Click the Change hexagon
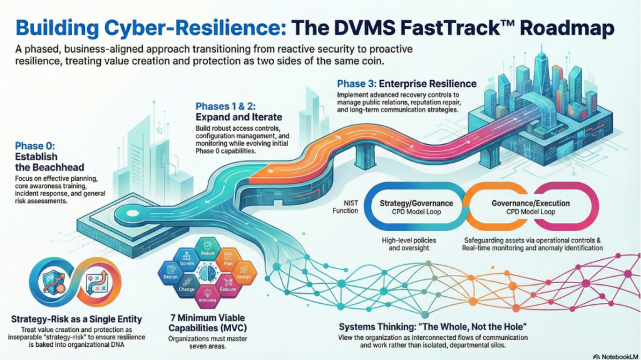pos(187,287)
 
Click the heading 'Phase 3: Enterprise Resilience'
pos(406,83)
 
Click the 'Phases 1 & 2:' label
pos(225,106)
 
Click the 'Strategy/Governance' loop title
pos(416,203)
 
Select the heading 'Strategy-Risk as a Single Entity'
pos(76,319)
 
